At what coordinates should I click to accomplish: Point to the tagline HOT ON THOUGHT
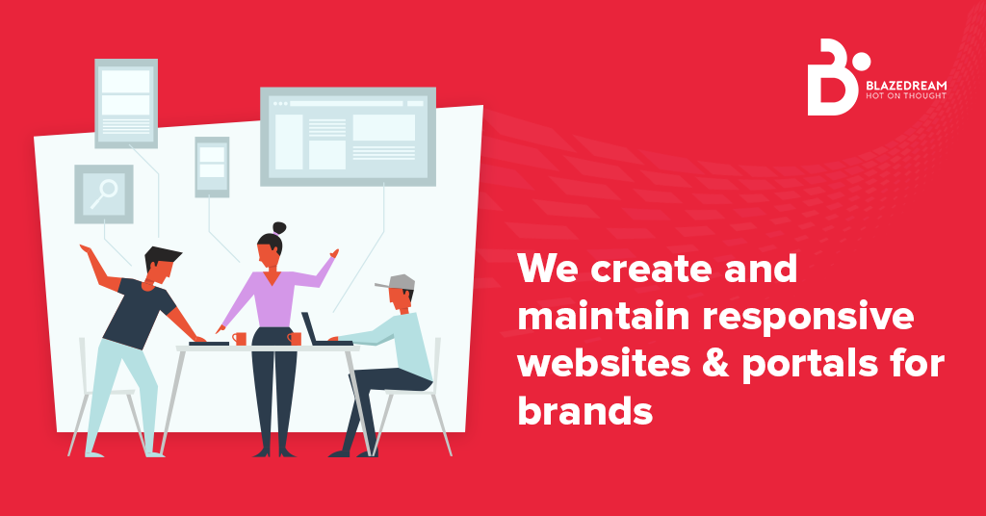(904, 95)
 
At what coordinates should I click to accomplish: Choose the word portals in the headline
(792, 364)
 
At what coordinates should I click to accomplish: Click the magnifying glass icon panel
(104, 193)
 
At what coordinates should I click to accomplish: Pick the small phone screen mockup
(212, 167)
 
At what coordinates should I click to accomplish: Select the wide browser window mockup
(348, 135)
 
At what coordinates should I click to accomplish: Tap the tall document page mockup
(126, 103)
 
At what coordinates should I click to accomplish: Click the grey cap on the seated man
(399, 282)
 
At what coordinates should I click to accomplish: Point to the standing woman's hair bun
(279, 228)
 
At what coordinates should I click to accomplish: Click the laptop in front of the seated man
(315, 330)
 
